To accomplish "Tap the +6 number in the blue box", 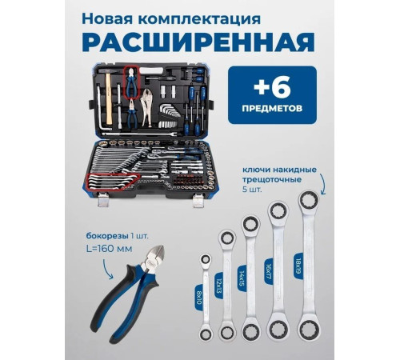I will coord(274,86).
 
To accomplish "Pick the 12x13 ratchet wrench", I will coord(226,280).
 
